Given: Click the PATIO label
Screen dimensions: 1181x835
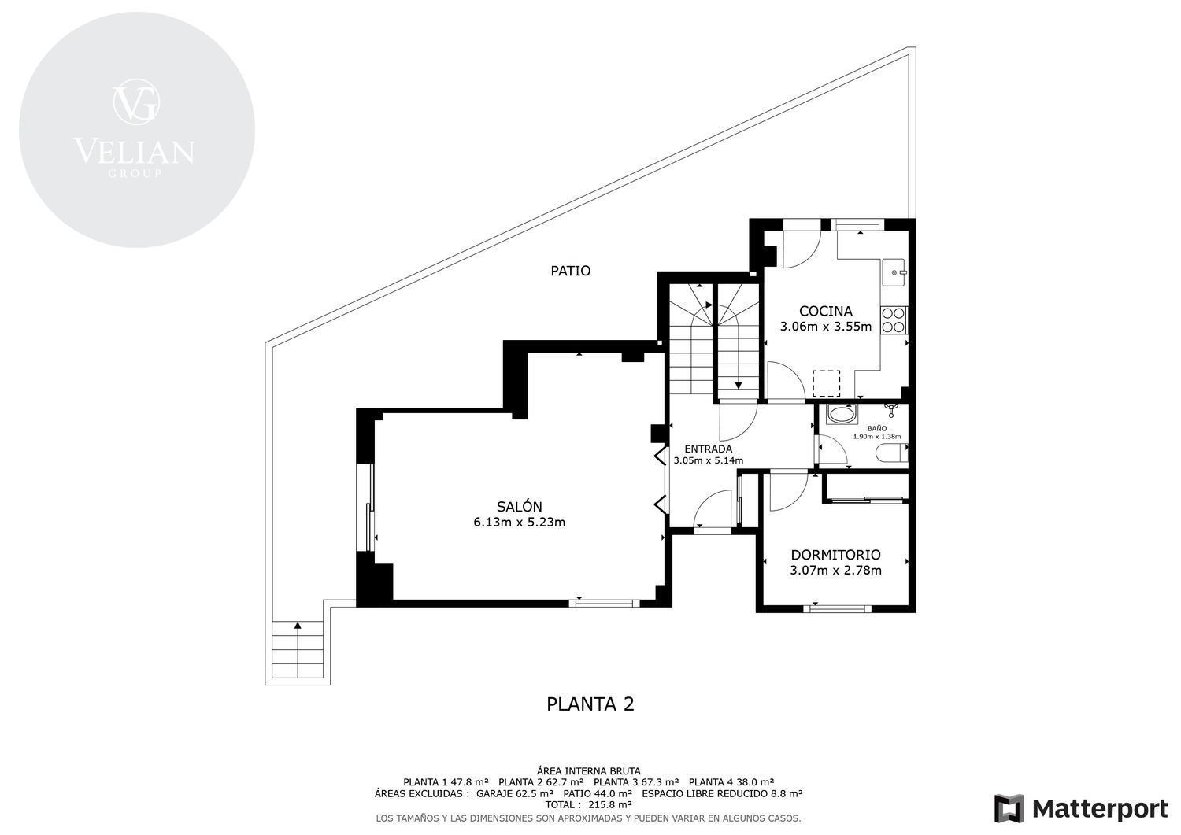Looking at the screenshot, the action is [x=571, y=271].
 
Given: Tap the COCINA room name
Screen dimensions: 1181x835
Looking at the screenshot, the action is [x=826, y=311].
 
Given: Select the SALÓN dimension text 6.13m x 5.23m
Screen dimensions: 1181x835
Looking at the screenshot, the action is [x=520, y=523].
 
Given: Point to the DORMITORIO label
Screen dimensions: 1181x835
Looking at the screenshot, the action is [x=835, y=555].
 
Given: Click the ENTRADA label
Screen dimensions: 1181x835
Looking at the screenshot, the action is [x=708, y=449].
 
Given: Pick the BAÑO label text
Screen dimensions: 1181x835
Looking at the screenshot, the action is [x=877, y=429].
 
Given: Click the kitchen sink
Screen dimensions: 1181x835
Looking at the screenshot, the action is [x=894, y=272].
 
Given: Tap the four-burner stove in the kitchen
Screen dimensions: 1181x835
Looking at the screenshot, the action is [x=893, y=320].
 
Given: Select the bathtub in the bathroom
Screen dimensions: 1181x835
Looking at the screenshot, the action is [x=840, y=414].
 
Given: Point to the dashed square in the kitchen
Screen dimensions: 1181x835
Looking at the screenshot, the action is [x=826, y=383].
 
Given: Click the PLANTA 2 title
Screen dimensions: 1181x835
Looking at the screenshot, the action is [x=590, y=704].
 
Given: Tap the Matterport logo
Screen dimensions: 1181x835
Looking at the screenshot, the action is [x=1081, y=809].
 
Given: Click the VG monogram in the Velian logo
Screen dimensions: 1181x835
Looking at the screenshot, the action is [x=136, y=102].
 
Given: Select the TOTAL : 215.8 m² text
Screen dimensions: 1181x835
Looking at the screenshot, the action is [x=588, y=805].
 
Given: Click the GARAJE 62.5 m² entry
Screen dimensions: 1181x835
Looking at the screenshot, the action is [x=515, y=793].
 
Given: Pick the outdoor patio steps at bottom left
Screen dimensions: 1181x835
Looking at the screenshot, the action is [x=298, y=649].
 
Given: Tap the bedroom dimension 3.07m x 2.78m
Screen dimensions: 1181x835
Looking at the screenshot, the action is [x=835, y=571].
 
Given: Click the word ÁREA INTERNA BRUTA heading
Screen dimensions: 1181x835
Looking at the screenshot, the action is [x=588, y=771].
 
